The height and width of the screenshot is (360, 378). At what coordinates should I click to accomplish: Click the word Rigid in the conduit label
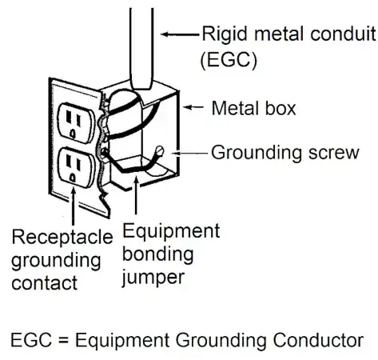click(x=225, y=34)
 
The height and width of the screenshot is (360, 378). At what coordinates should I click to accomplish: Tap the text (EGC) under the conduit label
click(x=229, y=60)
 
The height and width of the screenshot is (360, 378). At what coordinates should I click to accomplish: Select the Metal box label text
click(x=253, y=108)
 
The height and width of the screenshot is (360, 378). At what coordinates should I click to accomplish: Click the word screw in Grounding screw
click(x=334, y=153)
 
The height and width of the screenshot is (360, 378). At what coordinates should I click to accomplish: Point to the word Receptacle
click(x=62, y=237)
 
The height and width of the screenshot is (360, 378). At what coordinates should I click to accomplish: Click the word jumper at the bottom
click(x=153, y=278)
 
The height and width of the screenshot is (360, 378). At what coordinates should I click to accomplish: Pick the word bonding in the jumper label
click(x=157, y=254)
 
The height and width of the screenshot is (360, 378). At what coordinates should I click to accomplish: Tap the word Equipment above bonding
click(x=171, y=231)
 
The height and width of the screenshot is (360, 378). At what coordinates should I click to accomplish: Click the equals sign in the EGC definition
click(x=63, y=341)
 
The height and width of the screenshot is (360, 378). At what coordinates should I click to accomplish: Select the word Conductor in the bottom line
click(x=318, y=340)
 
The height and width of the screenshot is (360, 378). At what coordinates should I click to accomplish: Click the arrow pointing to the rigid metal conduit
click(x=180, y=34)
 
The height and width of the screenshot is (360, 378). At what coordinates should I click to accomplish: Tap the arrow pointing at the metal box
click(x=193, y=107)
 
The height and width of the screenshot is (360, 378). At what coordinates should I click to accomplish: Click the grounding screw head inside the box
click(x=160, y=150)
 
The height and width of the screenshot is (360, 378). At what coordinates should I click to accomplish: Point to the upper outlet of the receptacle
click(x=77, y=122)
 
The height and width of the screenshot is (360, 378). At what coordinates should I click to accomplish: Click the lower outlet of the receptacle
click(x=77, y=167)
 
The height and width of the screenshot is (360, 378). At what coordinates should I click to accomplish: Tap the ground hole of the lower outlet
click(x=72, y=178)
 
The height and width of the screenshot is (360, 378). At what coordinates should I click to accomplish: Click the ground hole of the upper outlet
click(x=72, y=133)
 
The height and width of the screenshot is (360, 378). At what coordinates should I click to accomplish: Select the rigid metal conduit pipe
click(x=141, y=49)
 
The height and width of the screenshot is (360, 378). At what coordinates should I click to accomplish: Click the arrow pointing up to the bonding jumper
click(x=136, y=196)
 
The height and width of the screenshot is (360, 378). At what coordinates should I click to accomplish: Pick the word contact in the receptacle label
click(x=45, y=282)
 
